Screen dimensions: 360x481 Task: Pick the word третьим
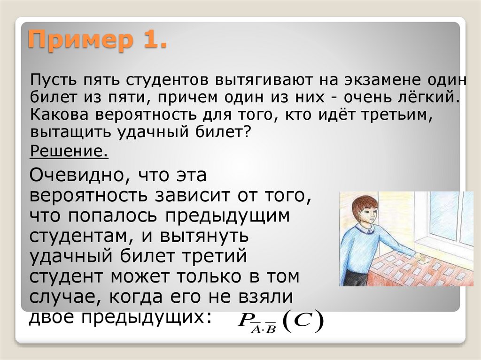[397, 115]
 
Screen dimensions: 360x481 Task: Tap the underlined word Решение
[69, 152]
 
